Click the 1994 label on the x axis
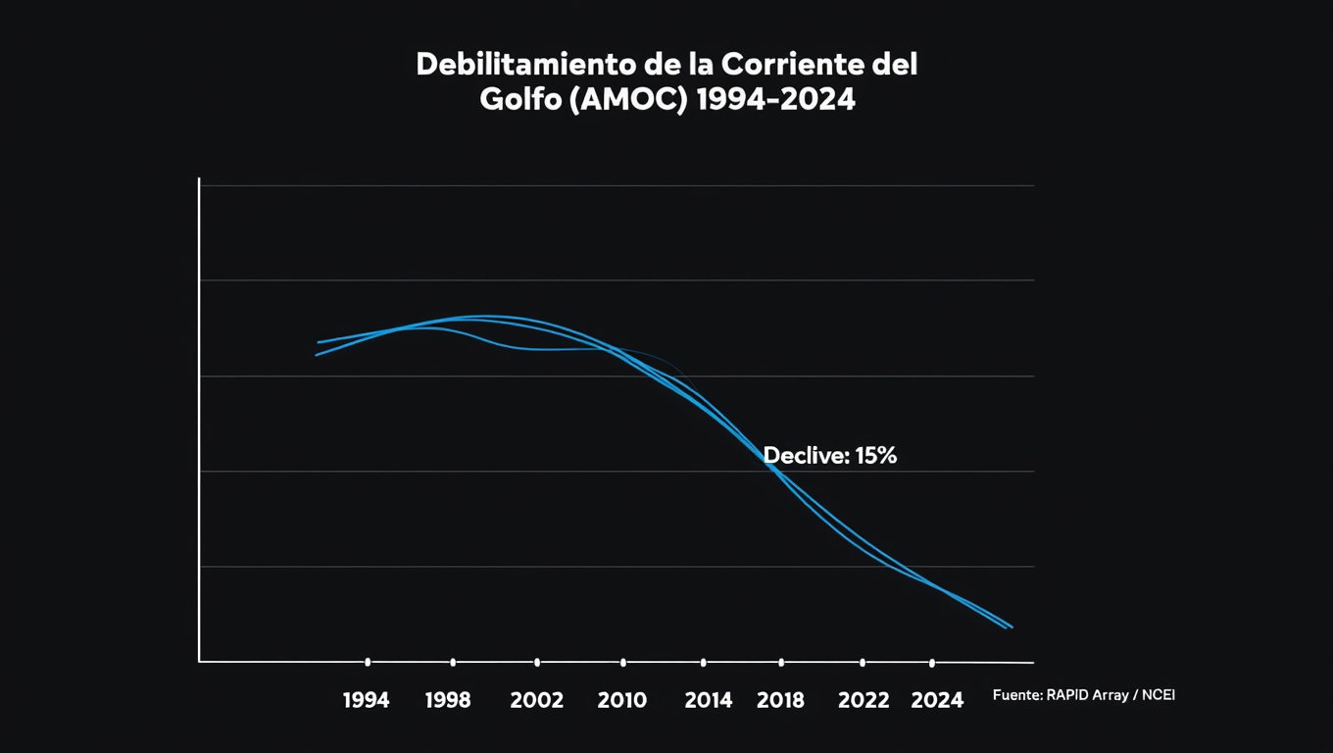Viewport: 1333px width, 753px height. point(367,700)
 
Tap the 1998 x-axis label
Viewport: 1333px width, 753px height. point(448,700)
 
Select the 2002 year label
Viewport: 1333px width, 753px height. point(537,700)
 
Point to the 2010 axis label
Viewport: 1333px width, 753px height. point(622,700)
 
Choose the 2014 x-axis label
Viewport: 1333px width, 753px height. point(708,700)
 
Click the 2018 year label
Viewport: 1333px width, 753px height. point(781,700)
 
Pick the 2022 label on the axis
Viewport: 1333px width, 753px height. point(864,700)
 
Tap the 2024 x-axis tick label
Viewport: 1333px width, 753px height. point(937,700)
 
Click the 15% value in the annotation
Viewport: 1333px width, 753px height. point(875,455)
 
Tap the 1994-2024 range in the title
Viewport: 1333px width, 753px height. point(774,100)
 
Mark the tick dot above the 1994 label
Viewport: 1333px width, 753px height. point(368,662)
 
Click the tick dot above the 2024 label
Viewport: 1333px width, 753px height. point(931,663)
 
